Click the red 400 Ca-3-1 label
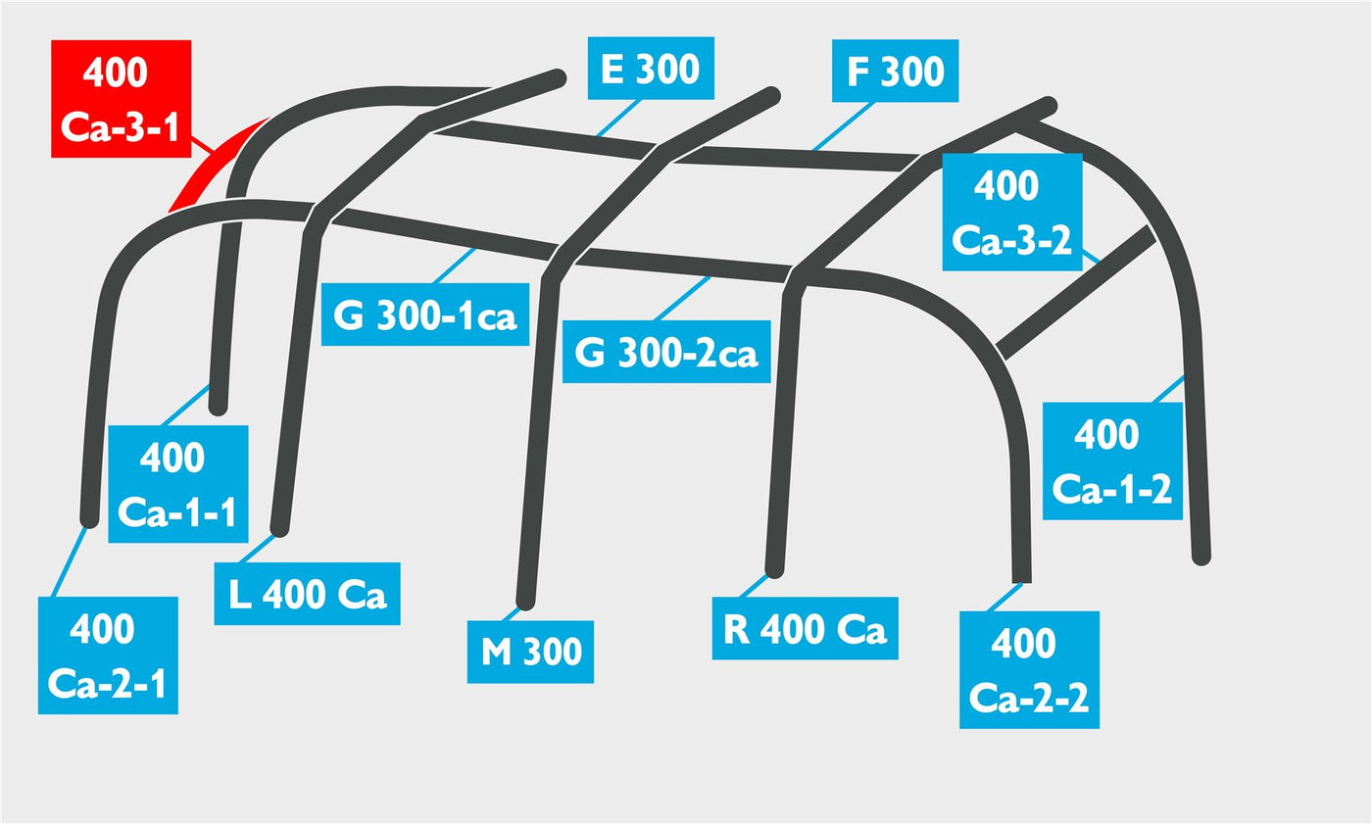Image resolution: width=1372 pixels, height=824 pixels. (x=122, y=99)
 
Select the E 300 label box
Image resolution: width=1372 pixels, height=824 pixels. (x=651, y=68)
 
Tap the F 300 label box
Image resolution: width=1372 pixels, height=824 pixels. (x=895, y=71)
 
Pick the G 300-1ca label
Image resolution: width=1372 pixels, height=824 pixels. (x=425, y=315)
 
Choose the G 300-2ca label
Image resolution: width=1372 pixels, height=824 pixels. (x=666, y=352)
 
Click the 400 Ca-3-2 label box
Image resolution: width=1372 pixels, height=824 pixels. (x=1012, y=212)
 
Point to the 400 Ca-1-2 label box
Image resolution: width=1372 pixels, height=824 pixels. (x=1112, y=460)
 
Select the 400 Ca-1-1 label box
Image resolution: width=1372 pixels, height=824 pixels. (x=178, y=484)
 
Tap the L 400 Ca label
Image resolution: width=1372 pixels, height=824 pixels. (x=307, y=594)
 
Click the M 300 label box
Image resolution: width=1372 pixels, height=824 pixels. (x=530, y=652)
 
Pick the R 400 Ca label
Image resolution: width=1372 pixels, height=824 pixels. (x=805, y=628)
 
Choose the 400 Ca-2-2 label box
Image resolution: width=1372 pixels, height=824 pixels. (x=1030, y=670)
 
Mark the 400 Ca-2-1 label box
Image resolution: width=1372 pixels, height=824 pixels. (x=108, y=655)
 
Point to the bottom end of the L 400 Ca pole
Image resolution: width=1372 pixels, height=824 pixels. (x=279, y=528)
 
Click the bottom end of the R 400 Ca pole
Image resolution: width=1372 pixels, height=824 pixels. (x=775, y=568)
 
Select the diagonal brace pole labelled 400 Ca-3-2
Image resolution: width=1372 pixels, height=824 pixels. (x=1076, y=291)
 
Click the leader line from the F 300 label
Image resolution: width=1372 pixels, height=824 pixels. (x=843, y=126)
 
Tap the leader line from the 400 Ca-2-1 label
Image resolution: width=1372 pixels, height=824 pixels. (x=70, y=561)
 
